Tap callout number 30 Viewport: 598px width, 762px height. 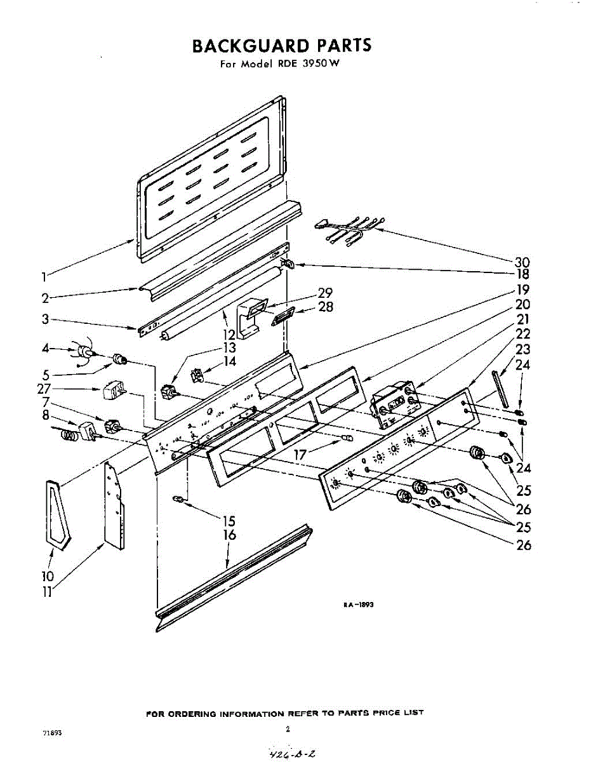tap(522, 262)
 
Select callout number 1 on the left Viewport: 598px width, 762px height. tap(43, 276)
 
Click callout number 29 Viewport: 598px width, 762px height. tap(325, 293)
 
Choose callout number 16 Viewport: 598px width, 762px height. tap(229, 535)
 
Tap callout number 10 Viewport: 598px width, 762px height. tap(48, 576)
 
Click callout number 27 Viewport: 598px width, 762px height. tap(44, 387)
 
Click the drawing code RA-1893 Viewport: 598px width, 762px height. tap(359, 605)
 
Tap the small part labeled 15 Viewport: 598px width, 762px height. tap(180, 499)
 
